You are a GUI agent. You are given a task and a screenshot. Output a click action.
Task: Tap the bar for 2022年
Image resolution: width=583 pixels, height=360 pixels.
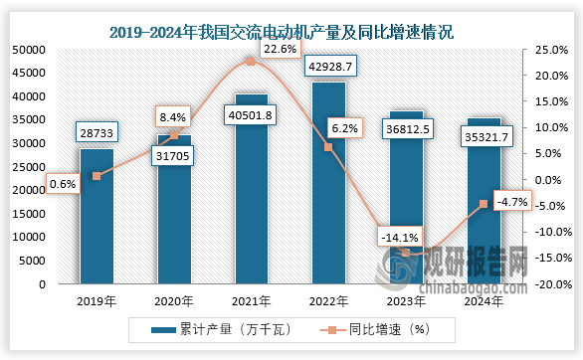328,189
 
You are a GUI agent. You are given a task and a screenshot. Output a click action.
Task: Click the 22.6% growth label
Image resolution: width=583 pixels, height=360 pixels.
275,48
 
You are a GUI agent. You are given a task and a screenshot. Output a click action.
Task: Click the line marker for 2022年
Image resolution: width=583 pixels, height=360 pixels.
328,147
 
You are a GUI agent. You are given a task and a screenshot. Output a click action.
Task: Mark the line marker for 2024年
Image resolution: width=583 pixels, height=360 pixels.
484,204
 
